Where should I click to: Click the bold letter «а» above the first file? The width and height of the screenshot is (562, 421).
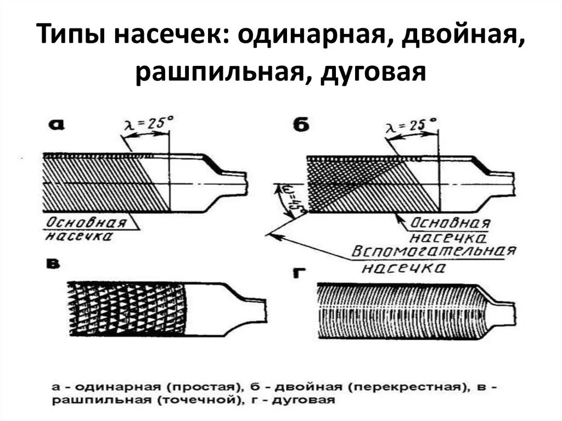[x=56, y=124]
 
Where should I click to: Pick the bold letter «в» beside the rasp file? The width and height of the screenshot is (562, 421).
[x=54, y=266]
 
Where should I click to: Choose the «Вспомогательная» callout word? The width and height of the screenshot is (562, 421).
[x=434, y=252]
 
